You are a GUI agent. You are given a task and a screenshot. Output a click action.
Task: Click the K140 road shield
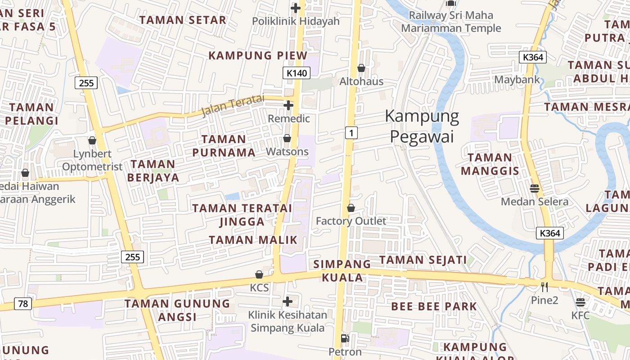[x=297, y=72]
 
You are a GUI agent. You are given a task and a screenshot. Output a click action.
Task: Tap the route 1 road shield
[x=351, y=132]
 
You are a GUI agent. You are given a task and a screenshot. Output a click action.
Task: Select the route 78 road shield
[x=23, y=304]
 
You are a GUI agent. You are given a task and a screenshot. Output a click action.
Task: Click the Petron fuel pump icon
[x=345, y=338]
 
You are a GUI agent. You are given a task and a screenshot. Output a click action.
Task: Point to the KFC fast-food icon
[x=580, y=302]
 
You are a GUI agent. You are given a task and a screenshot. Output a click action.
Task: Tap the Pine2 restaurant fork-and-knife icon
[x=544, y=287]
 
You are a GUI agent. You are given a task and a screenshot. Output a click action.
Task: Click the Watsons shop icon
[x=287, y=138]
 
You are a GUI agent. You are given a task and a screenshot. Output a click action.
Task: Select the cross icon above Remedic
[x=288, y=105]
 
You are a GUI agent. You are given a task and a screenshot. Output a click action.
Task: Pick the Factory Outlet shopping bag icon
[x=351, y=208]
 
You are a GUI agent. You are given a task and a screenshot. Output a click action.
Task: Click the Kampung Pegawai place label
[x=422, y=126]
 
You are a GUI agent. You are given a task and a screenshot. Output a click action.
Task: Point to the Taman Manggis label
[x=490, y=164]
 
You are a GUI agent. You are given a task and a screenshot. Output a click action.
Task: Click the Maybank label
[x=517, y=80]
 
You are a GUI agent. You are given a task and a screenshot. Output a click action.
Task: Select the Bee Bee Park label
[x=434, y=306]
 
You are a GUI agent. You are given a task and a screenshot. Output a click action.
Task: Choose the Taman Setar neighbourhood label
[x=183, y=20]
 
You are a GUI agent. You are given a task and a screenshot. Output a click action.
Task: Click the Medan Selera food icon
[x=535, y=188]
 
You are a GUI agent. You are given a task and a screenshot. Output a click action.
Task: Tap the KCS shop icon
[x=259, y=274]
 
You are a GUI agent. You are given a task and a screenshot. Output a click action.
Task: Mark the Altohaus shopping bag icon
[x=361, y=68]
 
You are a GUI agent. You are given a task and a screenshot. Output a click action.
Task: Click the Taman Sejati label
[x=423, y=260]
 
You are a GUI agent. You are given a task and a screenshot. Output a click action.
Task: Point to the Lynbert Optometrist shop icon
[x=92, y=140]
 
